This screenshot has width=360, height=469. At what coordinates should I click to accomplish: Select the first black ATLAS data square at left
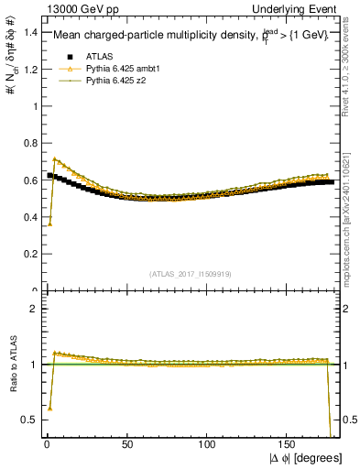(49, 175)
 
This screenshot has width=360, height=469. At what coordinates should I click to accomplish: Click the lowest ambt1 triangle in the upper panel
(49, 224)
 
